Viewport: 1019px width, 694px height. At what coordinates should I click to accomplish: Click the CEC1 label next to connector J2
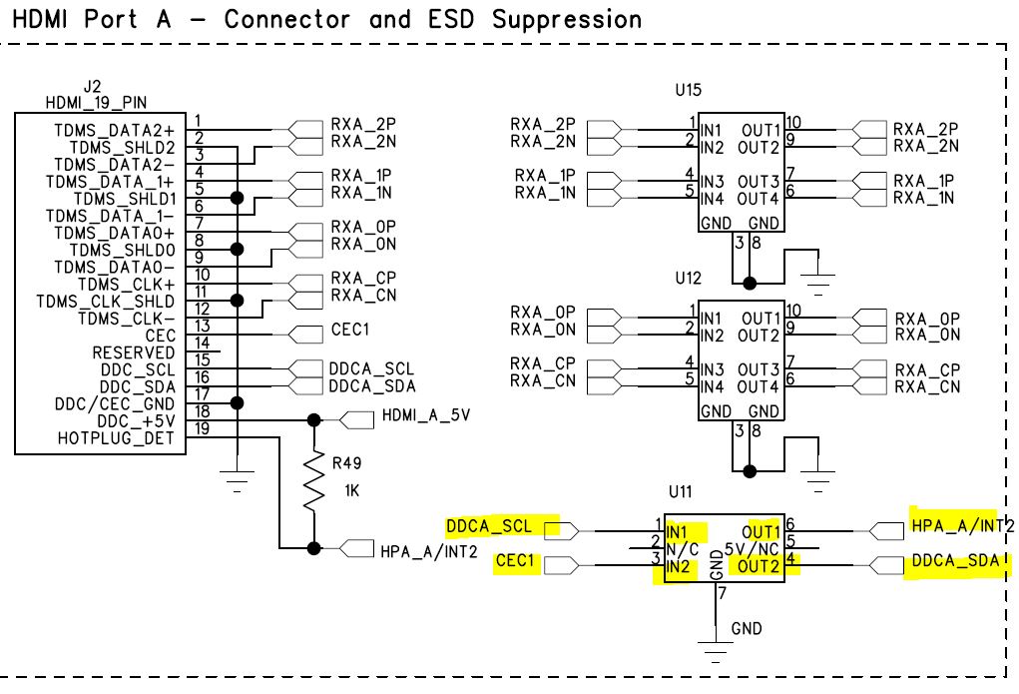pos(351,331)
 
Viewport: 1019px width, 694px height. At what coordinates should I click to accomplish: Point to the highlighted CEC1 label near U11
pos(516,563)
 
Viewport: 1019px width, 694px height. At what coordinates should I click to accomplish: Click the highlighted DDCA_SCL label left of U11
pos(489,525)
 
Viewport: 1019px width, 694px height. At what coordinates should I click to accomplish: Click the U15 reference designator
pos(688,90)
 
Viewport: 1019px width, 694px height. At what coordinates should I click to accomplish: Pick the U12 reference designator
pos(688,276)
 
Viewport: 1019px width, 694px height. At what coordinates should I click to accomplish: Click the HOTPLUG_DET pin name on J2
pos(116,438)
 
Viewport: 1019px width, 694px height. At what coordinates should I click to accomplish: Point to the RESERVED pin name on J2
pos(133,352)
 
